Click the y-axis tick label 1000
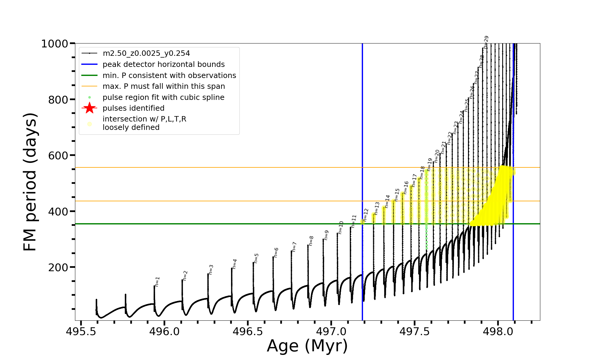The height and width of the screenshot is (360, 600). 55,44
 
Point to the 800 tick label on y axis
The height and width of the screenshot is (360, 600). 58,100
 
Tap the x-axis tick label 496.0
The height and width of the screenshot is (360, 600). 164,331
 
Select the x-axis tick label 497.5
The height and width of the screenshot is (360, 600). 414,331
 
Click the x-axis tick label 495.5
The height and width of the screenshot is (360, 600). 81,331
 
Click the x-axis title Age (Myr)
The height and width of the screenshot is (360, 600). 307,346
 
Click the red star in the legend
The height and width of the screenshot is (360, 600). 89,108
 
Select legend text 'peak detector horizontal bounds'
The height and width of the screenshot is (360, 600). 163,64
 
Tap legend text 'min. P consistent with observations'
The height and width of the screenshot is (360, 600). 169,75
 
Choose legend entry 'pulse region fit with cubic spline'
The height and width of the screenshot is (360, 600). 163,97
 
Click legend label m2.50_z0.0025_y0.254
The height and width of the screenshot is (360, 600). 146,53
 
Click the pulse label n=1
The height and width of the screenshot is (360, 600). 157,282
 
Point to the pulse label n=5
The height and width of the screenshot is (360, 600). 256,258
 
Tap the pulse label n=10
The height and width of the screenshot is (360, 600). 341,227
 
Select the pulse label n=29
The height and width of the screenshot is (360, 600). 486,42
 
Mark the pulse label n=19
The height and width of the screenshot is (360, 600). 430,165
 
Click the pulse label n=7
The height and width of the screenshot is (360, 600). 294,247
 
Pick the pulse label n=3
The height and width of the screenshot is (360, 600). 211,269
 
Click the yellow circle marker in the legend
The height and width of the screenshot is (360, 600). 89,124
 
